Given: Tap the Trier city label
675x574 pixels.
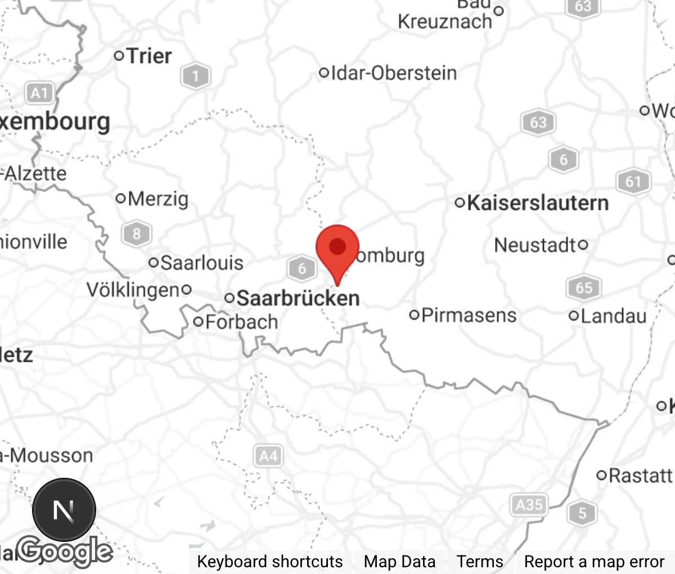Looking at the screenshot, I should point(148,56).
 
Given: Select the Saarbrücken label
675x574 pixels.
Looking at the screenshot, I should point(298,298).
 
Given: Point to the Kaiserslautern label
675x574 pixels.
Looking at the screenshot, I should point(537,203).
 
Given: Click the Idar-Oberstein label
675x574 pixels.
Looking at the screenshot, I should point(393,73).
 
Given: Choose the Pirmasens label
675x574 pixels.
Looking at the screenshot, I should point(468,315).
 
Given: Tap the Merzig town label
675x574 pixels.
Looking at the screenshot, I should point(157,198).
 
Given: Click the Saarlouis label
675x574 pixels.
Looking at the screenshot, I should point(201,262).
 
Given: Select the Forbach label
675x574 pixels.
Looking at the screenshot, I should point(241,322).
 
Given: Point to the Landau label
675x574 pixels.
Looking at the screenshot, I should point(613,316).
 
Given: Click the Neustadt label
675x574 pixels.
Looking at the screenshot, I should point(535,245).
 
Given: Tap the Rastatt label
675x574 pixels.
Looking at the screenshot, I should point(640,476).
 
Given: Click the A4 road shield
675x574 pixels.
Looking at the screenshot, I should point(268,455).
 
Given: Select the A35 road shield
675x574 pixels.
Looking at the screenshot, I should point(529,504).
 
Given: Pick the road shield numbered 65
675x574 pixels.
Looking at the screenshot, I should point(584,288).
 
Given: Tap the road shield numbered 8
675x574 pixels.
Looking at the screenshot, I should point(137,233).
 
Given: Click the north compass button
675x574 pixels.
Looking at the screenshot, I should point(64,510).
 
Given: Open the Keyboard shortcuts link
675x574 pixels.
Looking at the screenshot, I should point(269,562).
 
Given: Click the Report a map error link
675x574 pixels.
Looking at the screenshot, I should point(594,562).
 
